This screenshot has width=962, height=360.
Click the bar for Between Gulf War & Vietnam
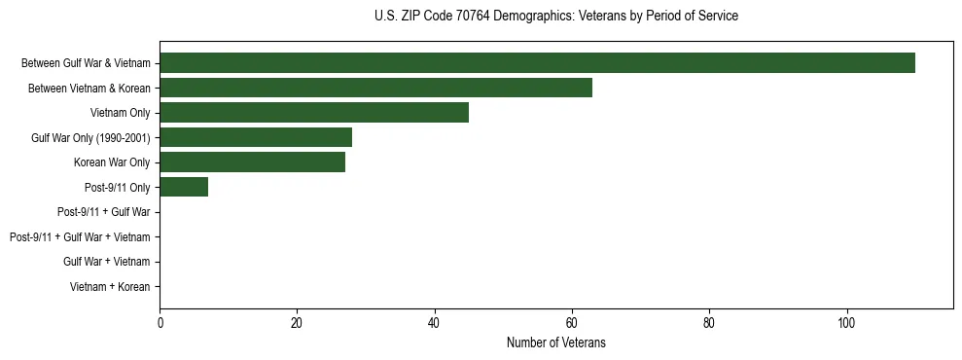537,63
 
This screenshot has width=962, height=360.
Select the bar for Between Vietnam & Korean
375,88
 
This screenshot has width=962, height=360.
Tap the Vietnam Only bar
314,113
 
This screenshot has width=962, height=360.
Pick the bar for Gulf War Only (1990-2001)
256,137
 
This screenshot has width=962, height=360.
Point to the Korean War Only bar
252,162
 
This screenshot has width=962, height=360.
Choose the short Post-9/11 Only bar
184,187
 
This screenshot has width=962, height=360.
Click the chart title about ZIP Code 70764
555,17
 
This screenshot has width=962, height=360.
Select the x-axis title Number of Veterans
555,342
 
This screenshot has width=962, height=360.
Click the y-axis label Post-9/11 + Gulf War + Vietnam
80,237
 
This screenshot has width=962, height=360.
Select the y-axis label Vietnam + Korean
110,287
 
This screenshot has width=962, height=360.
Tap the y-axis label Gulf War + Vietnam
107,262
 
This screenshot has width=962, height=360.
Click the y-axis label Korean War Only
112,162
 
